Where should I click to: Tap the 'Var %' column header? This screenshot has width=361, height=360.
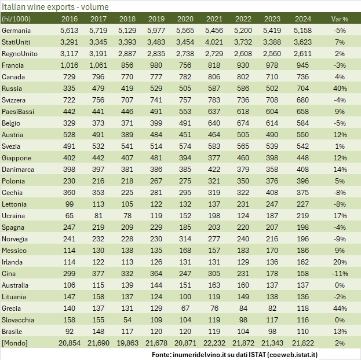[339, 19]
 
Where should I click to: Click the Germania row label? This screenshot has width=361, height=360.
[17, 30]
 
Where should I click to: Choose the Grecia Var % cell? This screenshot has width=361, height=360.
[340, 308]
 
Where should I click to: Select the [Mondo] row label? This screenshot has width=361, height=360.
[15, 343]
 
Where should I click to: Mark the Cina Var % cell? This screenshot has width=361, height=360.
[340, 273]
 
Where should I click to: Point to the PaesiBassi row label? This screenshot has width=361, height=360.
[18, 112]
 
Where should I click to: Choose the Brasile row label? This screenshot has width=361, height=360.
[13, 331]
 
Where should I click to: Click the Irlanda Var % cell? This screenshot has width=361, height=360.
[340, 262]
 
